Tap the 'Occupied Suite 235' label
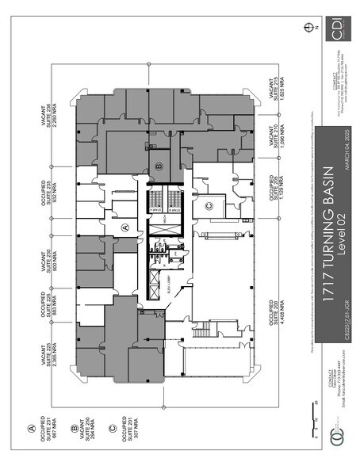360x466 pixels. (52, 181)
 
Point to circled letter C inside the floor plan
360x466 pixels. (209, 206)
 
